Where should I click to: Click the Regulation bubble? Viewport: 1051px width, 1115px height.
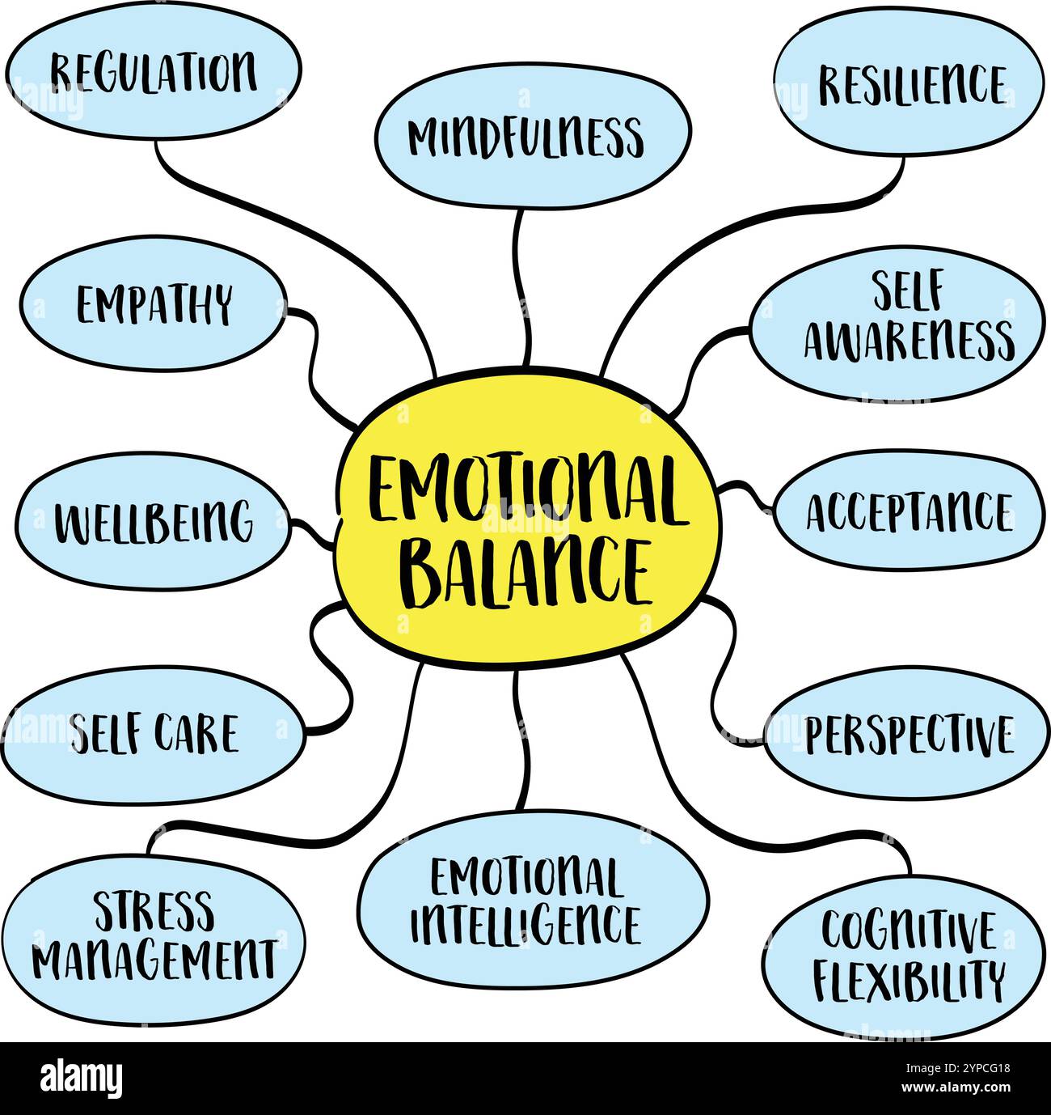click(154, 73)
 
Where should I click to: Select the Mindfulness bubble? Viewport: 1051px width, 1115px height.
click(532, 136)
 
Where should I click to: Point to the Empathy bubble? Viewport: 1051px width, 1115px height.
click(154, 305)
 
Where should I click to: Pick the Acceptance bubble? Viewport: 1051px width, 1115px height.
click(908, 512)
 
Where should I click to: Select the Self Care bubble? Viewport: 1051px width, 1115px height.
click(154, 734)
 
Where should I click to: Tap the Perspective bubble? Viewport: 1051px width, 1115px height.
click(907, 734)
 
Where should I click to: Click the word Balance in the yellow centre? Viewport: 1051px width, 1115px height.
click(525, 573)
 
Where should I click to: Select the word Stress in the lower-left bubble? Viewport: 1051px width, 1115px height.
click(154, 911)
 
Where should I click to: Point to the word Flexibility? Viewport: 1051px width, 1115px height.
click(908, 980)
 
